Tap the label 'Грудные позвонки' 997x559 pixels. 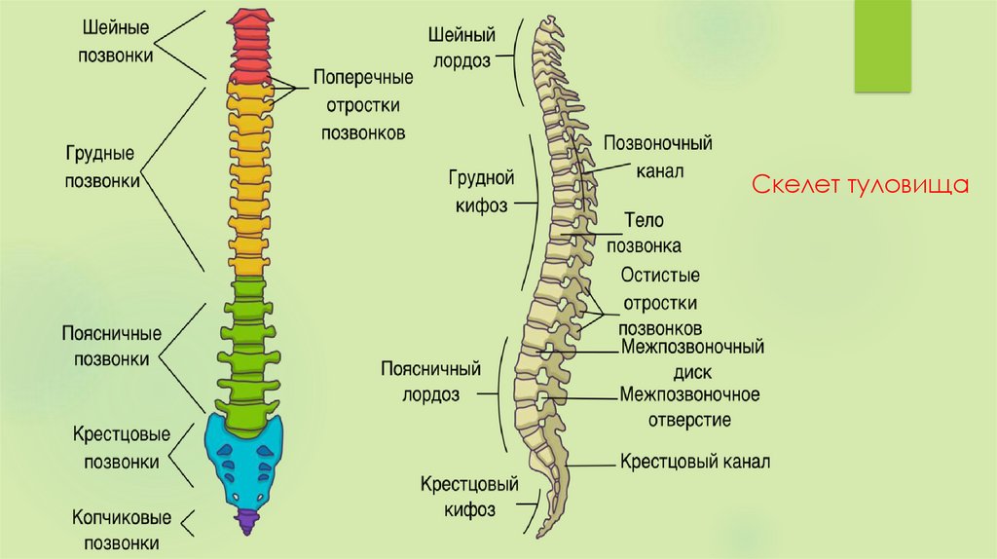[x=100, y=168]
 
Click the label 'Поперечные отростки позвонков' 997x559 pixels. [x=362, y=104]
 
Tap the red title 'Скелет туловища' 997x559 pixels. [x=862, y=184]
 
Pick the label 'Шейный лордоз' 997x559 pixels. [x=462, y=47]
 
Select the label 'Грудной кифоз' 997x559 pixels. [x=481, y=193]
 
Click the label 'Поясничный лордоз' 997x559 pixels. [x=431, y=383]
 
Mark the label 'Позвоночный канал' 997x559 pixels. [x=658, y=157]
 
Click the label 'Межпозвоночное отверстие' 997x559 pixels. [x=689, y=407]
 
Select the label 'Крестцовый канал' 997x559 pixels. [x=695, y=461]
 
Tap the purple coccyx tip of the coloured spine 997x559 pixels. [x=244, y=521]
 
